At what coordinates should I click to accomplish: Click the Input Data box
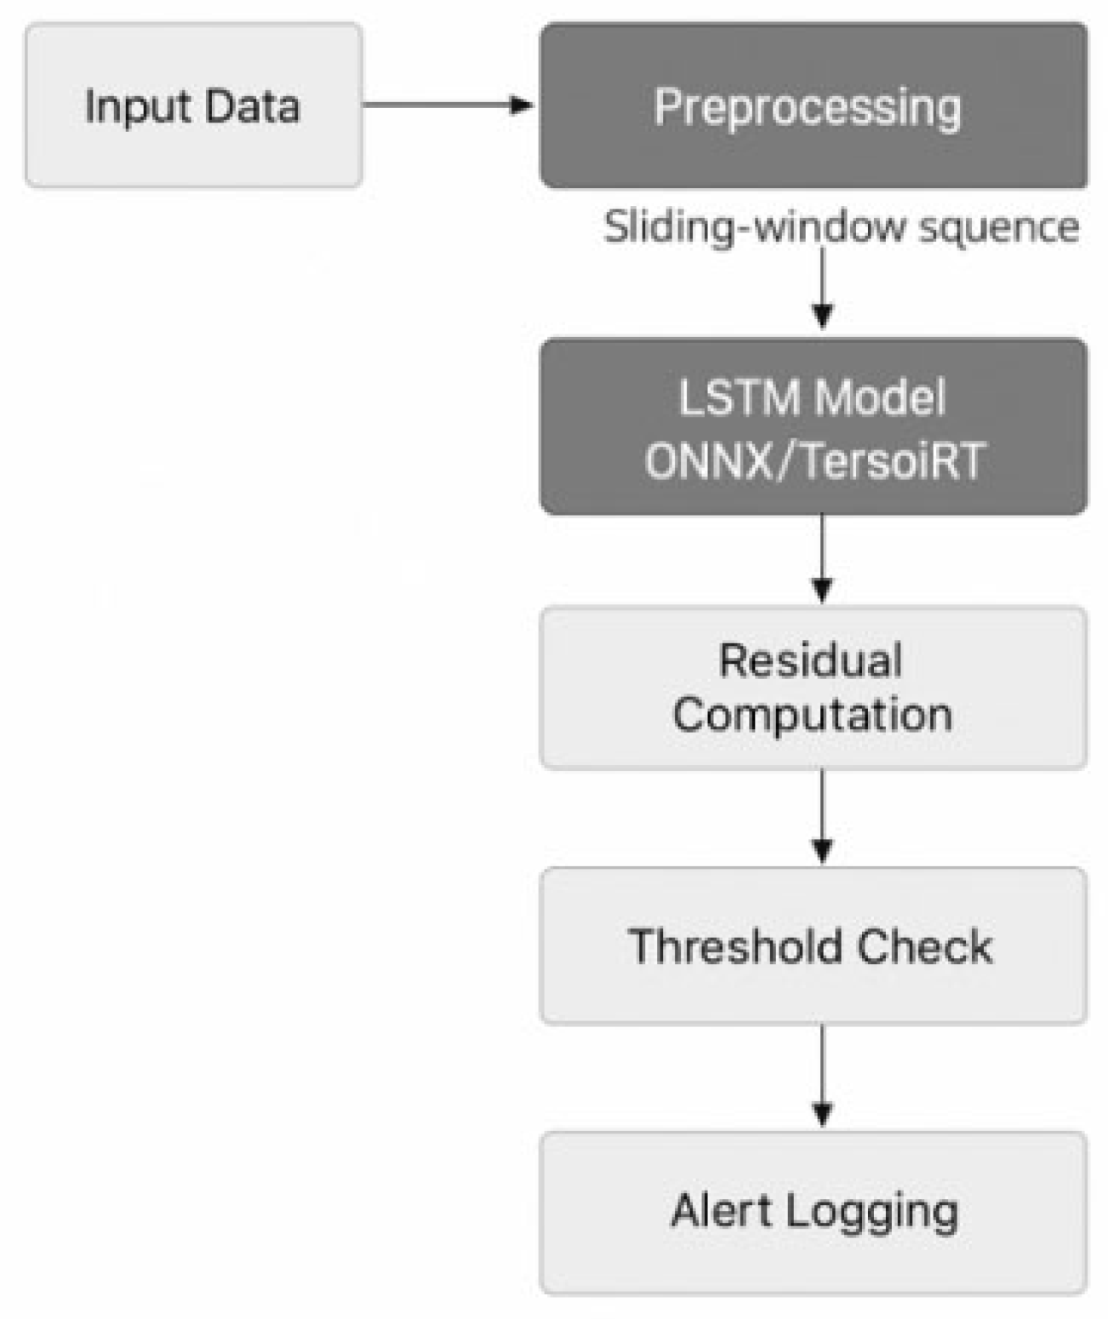pos(194,105)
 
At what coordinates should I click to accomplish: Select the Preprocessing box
pos(814,105)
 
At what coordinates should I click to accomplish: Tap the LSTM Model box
pos(814,426)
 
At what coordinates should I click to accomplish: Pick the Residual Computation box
pos(814,688)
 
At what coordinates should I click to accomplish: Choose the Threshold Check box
pos(814,945)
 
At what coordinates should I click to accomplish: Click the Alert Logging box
pos(814,1212)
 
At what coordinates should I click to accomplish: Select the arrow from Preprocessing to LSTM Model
pos(822,289)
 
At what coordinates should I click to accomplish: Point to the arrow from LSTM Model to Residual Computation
pos(822,559)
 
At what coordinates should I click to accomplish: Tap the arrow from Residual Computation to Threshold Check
pos(822,817)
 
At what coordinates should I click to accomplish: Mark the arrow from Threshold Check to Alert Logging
pos(822,1076)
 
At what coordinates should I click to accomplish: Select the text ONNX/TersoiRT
pos(814,461)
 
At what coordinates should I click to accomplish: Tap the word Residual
pos(810,660)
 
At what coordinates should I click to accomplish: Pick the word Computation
pos(812,715)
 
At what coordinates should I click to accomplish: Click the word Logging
pos(872,1212)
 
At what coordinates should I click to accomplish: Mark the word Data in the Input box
pos(252,106)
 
